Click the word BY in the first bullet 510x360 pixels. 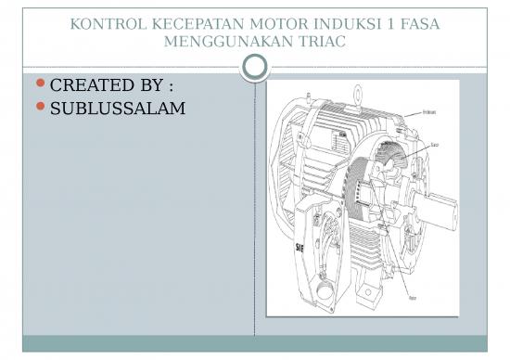click(153, 86)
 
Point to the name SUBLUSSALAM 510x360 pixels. click(117, 109)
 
